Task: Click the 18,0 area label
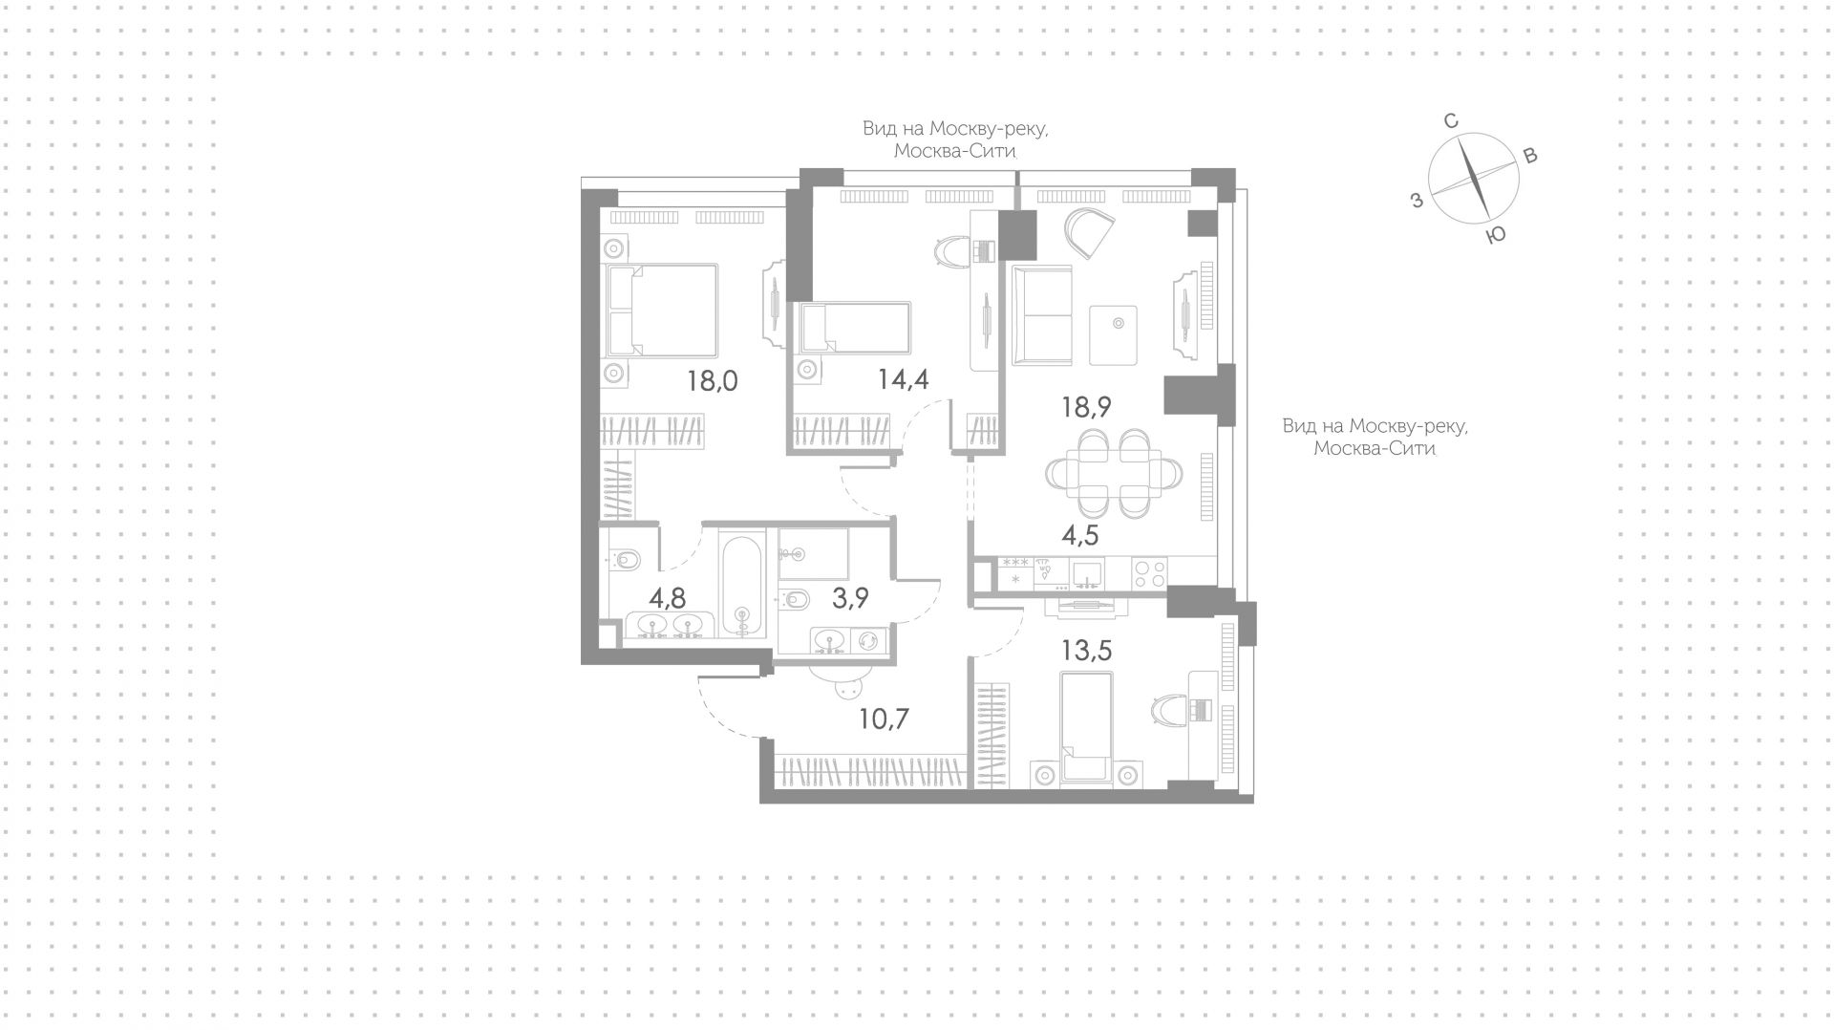(713, 382)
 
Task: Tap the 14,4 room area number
(904, 379)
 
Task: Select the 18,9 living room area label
(1086, 407)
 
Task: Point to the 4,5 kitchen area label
(1080, 535)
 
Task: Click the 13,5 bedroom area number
(1087, 651)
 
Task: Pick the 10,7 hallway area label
(884, 718)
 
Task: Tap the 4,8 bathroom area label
(668, 599)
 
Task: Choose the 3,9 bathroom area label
(850, 599)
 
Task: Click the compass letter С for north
(1450, 121)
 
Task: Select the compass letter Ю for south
(1497, 235)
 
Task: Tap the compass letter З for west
(1418, 200)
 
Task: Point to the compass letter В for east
(1529, 157)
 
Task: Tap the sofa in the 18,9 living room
(1043, 315)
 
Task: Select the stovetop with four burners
(1149, 572)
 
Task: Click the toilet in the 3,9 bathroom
(795, 599)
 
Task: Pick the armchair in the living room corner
(1089, 233)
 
